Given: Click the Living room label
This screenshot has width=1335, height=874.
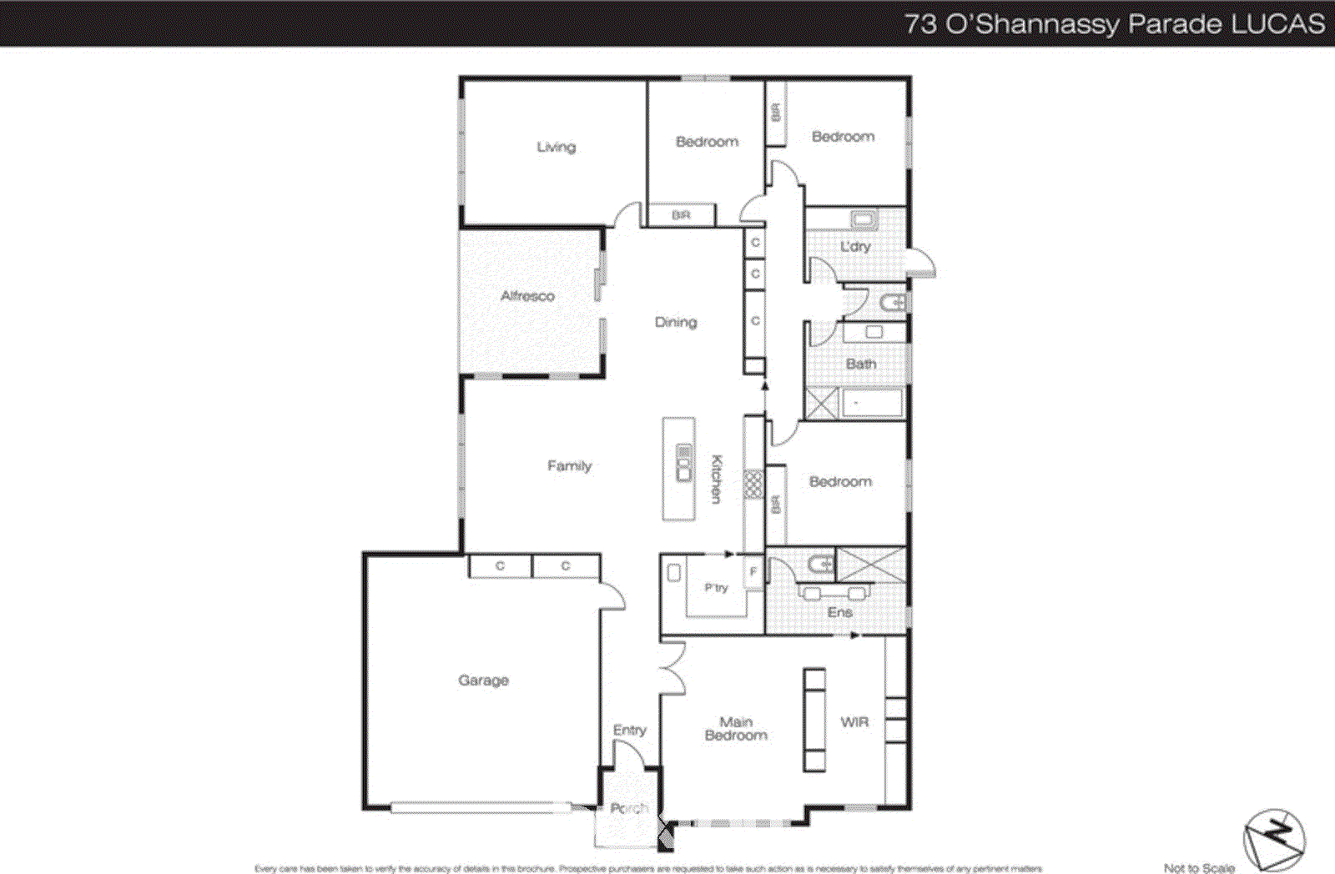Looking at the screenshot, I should point(556,147).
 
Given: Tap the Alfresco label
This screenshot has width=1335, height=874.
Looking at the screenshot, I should point(527,296).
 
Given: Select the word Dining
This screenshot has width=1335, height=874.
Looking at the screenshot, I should point(675,322).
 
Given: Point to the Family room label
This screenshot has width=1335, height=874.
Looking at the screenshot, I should point(569,465).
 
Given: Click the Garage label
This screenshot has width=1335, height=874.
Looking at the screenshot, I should point(483,681).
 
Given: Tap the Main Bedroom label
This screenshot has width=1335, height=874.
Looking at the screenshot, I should point(736,728).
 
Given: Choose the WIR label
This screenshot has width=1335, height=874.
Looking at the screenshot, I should point(854,722).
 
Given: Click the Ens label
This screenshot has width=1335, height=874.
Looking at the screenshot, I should point(839,612).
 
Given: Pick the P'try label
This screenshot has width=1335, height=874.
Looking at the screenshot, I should point(716,588).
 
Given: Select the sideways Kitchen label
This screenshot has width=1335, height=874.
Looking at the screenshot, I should point(716,479).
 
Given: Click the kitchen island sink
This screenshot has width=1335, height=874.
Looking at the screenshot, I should point(683,464).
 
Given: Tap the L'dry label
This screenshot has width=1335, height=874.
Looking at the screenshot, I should point(855,247).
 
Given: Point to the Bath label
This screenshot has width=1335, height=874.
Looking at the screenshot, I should point(861,364).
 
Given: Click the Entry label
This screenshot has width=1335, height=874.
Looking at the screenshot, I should point(629,730).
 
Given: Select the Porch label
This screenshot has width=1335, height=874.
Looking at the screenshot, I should point(628,808).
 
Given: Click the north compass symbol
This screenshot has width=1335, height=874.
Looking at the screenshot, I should point(1274,838).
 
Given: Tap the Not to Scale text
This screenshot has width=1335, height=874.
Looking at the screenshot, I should point(1199,868).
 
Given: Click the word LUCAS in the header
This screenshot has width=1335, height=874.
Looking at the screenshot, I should point(1277,23).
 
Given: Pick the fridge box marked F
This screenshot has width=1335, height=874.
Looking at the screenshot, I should point(753,572).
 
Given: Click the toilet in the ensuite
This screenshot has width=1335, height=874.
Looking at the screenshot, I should point(819,565).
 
